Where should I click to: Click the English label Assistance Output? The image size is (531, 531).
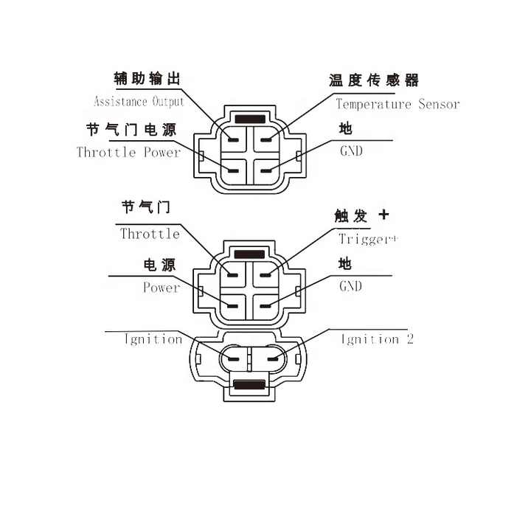[139, 102]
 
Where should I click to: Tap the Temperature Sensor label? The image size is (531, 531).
[398, 104]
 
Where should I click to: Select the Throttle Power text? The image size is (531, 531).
[128, 152]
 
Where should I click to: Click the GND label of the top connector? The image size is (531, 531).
[351, 150]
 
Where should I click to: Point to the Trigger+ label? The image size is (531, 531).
[368, 239]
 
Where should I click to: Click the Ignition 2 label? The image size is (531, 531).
[378, 339]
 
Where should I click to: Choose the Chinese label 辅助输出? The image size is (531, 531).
[147, 79]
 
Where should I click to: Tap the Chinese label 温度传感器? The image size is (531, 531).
[374, 80]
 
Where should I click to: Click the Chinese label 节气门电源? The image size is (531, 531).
[131, 130]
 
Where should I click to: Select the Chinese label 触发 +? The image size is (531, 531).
[361, 215]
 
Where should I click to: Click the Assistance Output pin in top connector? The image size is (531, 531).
[233, 140]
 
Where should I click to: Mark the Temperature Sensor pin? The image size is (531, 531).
[266, 140]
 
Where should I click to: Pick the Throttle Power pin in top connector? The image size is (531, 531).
[233, 170]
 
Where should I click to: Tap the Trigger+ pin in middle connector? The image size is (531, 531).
[265, 275]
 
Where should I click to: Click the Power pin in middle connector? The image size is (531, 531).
[232, 306]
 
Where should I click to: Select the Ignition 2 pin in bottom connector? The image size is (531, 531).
[273, 359]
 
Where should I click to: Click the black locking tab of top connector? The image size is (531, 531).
[250, 119]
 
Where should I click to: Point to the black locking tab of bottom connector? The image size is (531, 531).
[249, 385]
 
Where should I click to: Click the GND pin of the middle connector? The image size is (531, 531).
[265, 306]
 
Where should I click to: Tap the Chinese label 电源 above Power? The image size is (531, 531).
[159, 265]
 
